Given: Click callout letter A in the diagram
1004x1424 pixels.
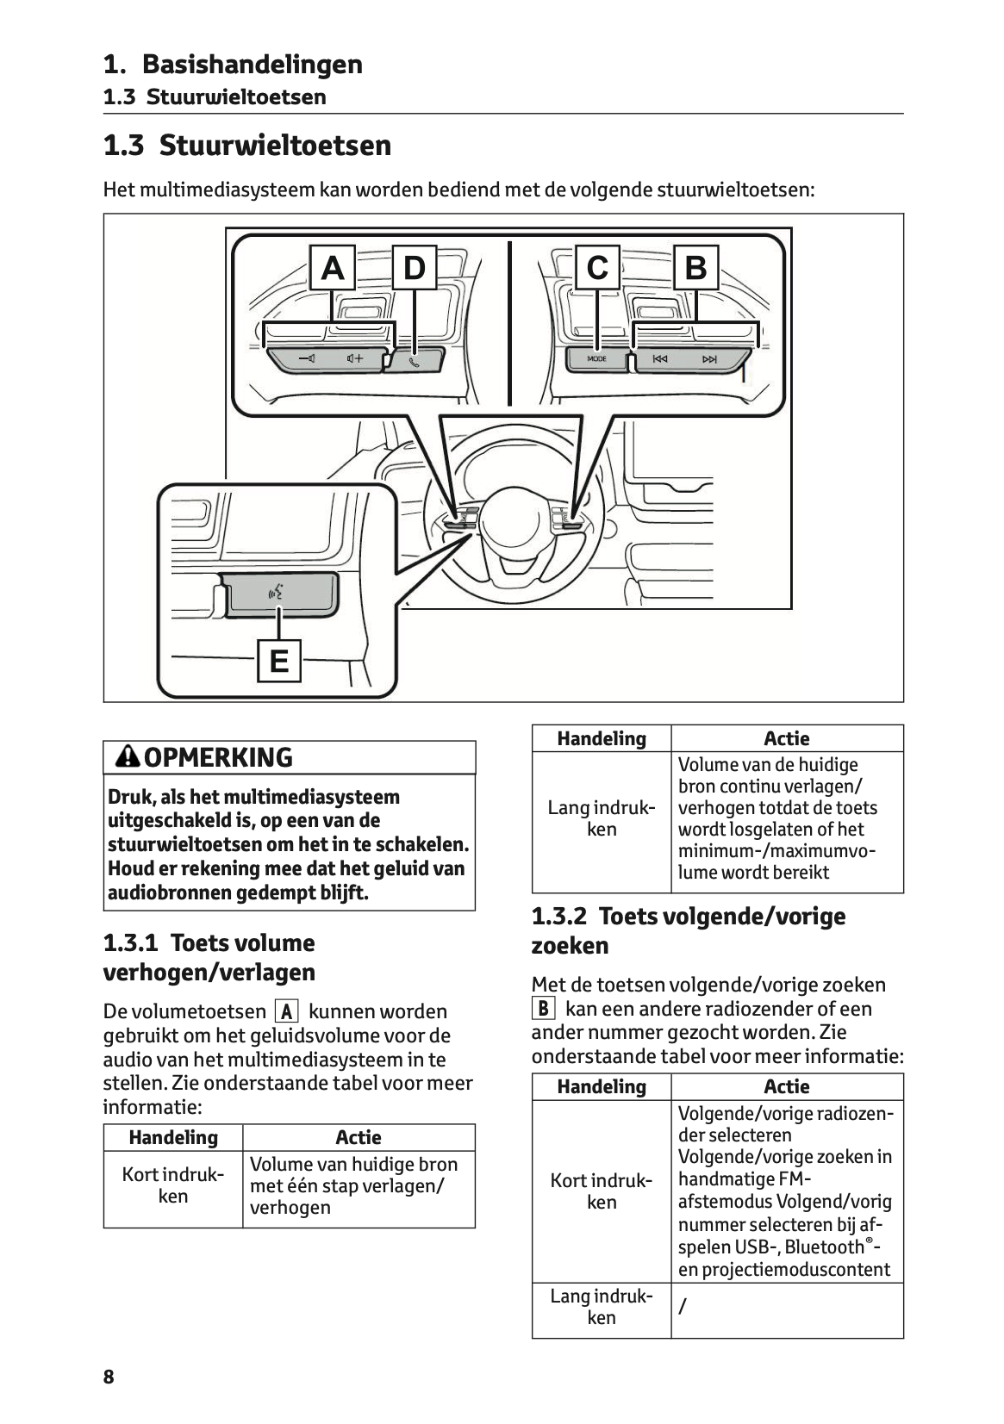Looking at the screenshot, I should pyautogui.click(x=332, y=269).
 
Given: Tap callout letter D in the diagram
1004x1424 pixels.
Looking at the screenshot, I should pyautogui.click(x=415, y=269).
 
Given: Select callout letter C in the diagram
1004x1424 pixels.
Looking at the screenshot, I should pyautogui.click(x=596, y=269).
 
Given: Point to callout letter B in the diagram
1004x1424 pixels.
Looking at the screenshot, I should pyautogui.click(x=695, y=269).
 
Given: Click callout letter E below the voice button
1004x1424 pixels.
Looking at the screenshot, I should pyautogui.click(x=278, y=661).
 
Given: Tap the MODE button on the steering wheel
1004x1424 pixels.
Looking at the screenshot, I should pyautogui.click(x=596, y=359).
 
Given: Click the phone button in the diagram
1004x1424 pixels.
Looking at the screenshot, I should pyautogui.click(x=415, y=360).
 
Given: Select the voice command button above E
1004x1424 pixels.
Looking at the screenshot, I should pyautogui.click(x=277, y=593).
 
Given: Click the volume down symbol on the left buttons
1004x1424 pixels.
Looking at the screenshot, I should pyautogui.click(x=306, y=358).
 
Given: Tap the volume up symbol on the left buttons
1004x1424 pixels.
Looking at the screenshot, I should pyautogui.click(x=354, y=358).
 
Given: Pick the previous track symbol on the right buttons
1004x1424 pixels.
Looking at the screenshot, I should pyautogui.click(x=659, y=359).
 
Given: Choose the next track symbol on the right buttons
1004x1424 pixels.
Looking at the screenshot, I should pyautogui.click(x=709, y=359).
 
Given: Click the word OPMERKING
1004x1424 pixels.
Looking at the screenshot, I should pyautogui.click(x=219, y=758).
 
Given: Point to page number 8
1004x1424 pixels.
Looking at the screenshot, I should pyautogui.click(x=109, y=1377).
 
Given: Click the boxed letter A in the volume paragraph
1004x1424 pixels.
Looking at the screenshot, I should pyautogui.click(x=286, y=1011).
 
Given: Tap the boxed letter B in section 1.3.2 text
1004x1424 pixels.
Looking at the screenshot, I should pyautogui.click(x=544, y=1009).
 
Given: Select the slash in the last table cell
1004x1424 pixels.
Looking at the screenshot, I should pyautogui.click(x=683, y=1308).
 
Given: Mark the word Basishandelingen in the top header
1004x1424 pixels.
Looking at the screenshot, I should pyautogui.click(x=252, y=65).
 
